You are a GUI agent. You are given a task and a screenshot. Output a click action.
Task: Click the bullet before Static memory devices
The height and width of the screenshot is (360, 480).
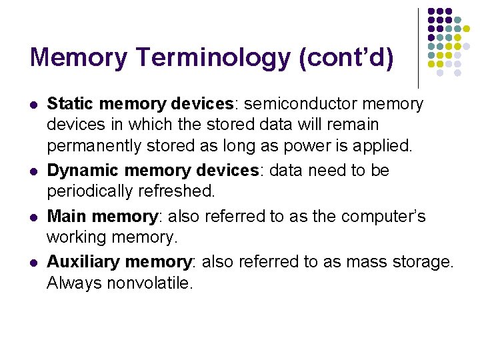(33, 105)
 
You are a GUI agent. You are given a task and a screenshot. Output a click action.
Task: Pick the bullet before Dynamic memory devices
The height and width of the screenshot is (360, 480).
(33, 171)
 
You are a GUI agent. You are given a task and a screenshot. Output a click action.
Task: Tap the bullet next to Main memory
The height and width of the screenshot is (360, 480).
(33, 217)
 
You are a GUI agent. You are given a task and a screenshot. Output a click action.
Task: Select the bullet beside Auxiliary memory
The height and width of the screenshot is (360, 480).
(33, 263)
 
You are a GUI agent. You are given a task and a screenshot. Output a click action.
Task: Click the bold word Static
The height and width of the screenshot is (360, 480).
(69, 104)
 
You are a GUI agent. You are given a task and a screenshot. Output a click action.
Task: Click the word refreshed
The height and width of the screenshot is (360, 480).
(180, 191)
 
